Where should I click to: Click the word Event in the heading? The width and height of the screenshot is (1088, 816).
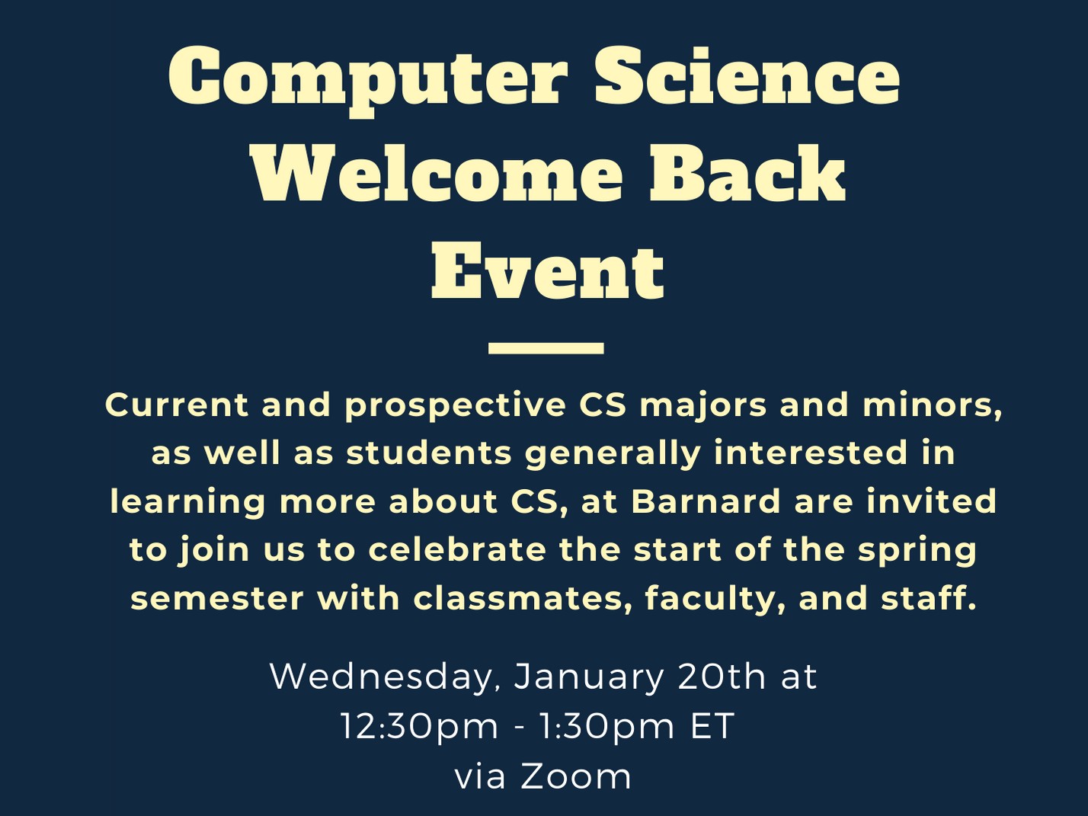click(x=547, y=272)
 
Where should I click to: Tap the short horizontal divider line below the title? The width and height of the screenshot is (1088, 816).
click(x=546, y=348)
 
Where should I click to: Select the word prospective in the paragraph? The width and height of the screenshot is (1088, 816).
click(x=455, y=405)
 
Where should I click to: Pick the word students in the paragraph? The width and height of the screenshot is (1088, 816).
click(x=429, y=453)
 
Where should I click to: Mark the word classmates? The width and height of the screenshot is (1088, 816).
click(x=523, y=599)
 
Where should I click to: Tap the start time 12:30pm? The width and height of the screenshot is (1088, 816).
click(x=419, y=727)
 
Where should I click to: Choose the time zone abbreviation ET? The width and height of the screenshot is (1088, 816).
click(x=712, y=727)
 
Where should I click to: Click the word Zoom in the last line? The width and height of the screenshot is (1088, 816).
click(x=576, y=777)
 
